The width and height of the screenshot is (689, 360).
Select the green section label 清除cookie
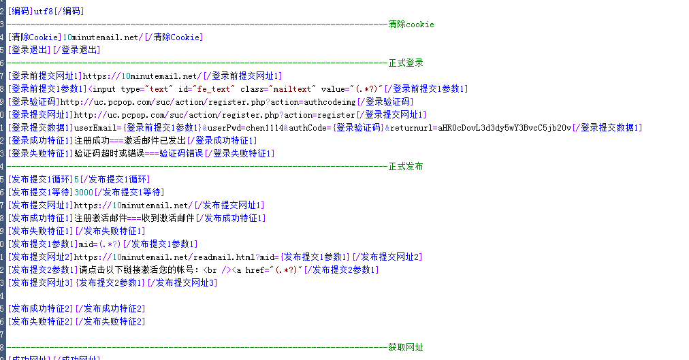(x=411, y=24)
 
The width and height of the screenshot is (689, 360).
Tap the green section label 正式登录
(x=406, y=63)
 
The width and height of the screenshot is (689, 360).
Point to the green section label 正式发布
(x=406, y=167)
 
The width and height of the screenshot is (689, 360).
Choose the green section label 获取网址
(x=406, y=348)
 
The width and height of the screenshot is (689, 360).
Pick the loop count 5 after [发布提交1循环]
(x=77, y=180)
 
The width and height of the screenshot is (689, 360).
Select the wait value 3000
(x=84, y=193)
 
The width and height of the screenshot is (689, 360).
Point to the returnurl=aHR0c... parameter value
(x=479, y=128)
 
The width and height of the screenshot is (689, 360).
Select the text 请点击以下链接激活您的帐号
(x=137, y=270)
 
